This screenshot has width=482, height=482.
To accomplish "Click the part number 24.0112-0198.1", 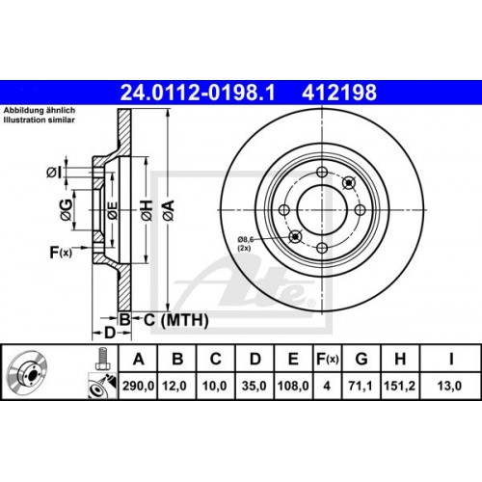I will (182, 94).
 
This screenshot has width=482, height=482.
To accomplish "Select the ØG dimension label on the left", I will (65, 204).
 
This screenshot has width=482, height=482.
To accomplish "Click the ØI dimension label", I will (55, 173).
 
